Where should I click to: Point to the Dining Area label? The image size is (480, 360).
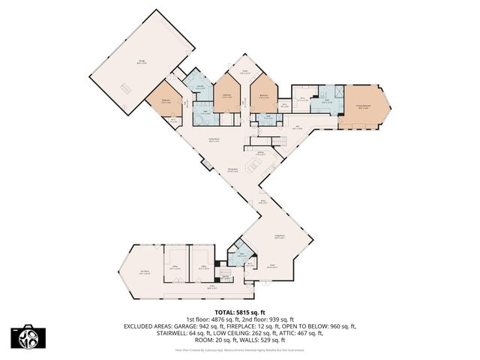233,169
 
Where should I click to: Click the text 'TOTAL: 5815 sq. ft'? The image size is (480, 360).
239,311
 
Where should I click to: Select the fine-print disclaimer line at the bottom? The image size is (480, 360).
239,349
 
